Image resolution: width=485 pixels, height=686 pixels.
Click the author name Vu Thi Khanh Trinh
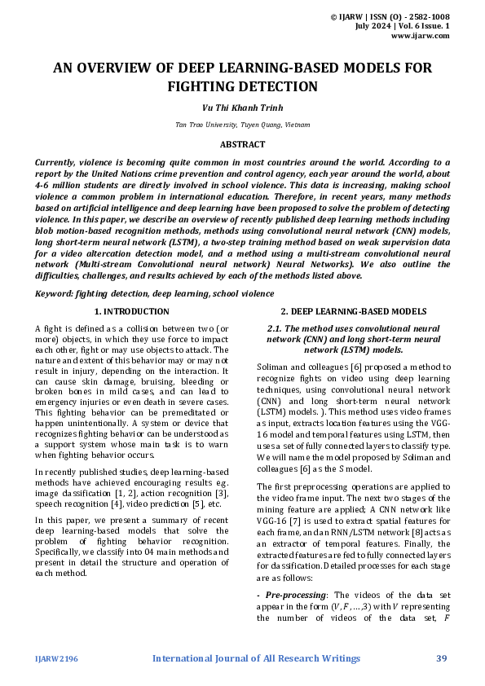coord(242,108)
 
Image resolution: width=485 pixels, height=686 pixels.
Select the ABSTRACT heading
coord(242,144)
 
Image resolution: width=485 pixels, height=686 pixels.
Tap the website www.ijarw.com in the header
coord(421,36)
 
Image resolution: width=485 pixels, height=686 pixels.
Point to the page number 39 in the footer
coord(442,658)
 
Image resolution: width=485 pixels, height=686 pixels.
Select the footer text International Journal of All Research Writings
coord(257,658)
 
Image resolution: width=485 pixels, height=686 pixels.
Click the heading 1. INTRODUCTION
coord(132,311)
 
